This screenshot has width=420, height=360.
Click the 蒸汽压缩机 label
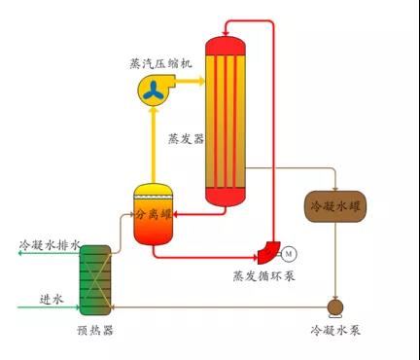[x=160, y=63]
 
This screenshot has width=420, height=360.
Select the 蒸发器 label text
[x=187, y=139]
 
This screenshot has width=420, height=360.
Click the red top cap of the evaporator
[x=226, y=46]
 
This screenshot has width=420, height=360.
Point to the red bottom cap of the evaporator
[x=226, y=197]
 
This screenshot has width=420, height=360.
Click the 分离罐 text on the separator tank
[x=153, y=214]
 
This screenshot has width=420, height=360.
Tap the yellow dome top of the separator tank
[x=154, y=190]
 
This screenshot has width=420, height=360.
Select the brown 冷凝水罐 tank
[x=335, y=206]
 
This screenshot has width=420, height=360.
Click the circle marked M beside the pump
[x=289, y=254]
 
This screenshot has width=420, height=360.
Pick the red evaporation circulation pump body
[x=269, y=252]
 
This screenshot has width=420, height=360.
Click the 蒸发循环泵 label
[x=264, y=276]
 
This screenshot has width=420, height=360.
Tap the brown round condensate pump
[x=335, y=306]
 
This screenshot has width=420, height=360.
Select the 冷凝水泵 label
[x=335, y=330]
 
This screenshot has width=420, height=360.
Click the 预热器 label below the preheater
[x=95, y=330]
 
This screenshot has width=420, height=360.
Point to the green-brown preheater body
[x=95, y=280]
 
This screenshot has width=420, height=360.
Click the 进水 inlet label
[x=52, y=299]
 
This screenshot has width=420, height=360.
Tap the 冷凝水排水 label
[x=50, y=245]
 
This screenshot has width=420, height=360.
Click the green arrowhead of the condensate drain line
[x=19, y=253]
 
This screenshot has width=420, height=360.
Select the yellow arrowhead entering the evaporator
[x=202, y=81]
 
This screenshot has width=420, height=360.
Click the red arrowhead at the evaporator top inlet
[x=226, y=33]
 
